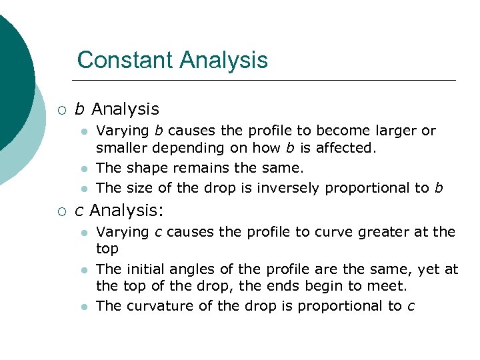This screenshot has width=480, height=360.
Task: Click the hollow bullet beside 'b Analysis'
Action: pyautogui.click(x=61, y=109)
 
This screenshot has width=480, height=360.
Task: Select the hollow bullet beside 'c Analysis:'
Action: pyautogui.click(x=61, y=211)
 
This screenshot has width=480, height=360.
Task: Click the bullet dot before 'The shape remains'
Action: pyautogui.click(x=83, y=168)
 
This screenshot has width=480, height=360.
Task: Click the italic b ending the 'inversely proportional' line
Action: pyautogui.click(x=438, y=187)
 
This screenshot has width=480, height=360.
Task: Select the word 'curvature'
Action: pyautogui.click(x=155, y=306)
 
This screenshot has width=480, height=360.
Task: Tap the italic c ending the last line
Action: pyautogui.click(x=411, y=306)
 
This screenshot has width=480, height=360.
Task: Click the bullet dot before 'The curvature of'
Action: pyautogui.click(x=83, y=307)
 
